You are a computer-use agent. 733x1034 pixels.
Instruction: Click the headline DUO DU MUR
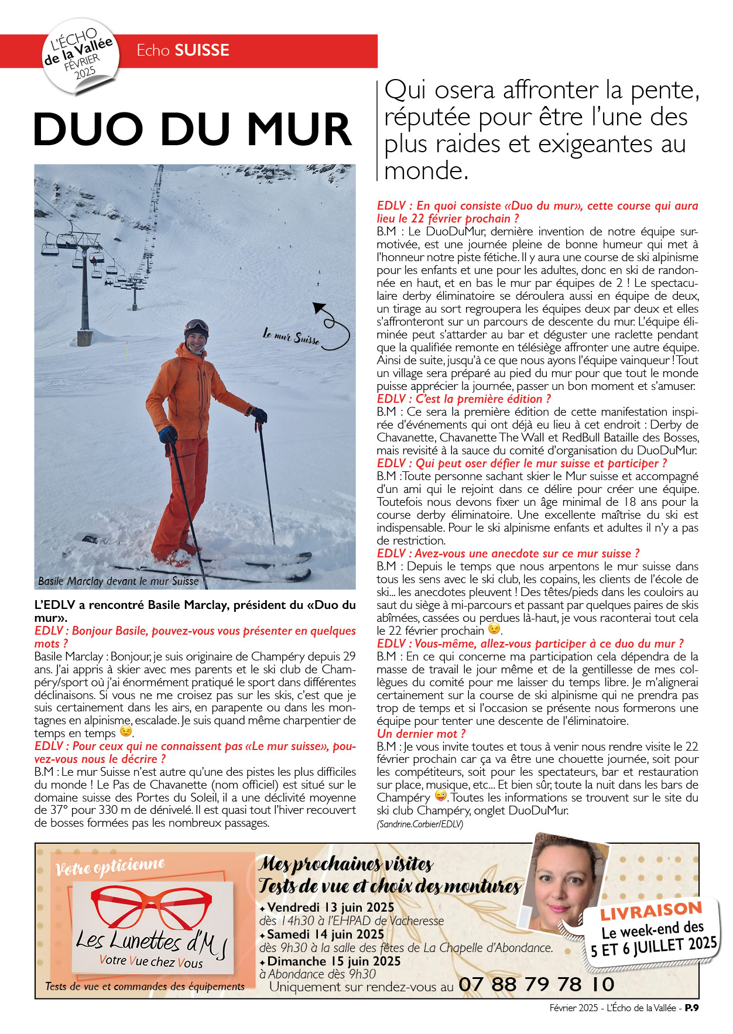(x=193, y=129)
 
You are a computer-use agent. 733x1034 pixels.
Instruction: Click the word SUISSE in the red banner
(x=202, y=50)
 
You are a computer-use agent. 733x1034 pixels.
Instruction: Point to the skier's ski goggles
(x=197, y=326)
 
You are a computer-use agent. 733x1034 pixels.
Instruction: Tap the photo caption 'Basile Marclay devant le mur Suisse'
(x=118, y=581)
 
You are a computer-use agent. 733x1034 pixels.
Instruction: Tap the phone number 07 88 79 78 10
(x=536, y=984)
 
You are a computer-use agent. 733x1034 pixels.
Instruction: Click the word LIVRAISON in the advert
(x=651, y=912)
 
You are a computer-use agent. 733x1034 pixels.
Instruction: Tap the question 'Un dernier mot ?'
(x=422, y=734)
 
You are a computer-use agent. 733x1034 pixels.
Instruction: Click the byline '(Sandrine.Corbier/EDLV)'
(x=420, y=824)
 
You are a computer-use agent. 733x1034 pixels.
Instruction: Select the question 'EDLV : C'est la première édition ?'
(x=464, y=399)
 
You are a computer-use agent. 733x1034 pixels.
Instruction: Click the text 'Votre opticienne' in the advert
(x=110, y=867)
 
